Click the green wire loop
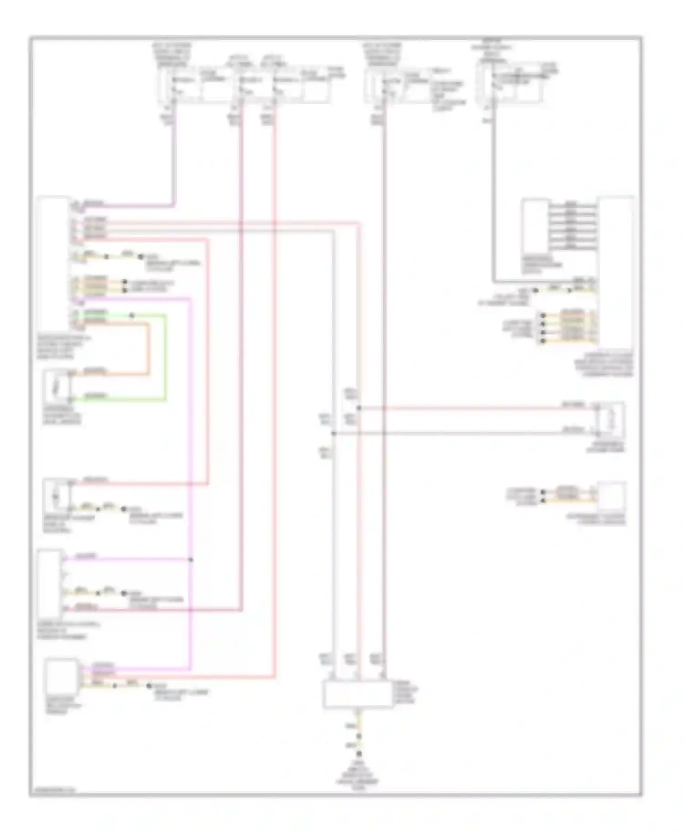[165, 360]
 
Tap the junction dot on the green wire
[132, 315]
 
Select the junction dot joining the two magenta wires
[191, 559]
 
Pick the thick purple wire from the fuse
[174, 159]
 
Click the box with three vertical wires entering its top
[358, 694]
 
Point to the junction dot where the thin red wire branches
[358, 408]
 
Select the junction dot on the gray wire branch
[334, 433]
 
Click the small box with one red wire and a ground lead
[56, 494]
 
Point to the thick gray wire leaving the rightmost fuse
[492, 205]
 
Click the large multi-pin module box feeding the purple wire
[54, 264]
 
